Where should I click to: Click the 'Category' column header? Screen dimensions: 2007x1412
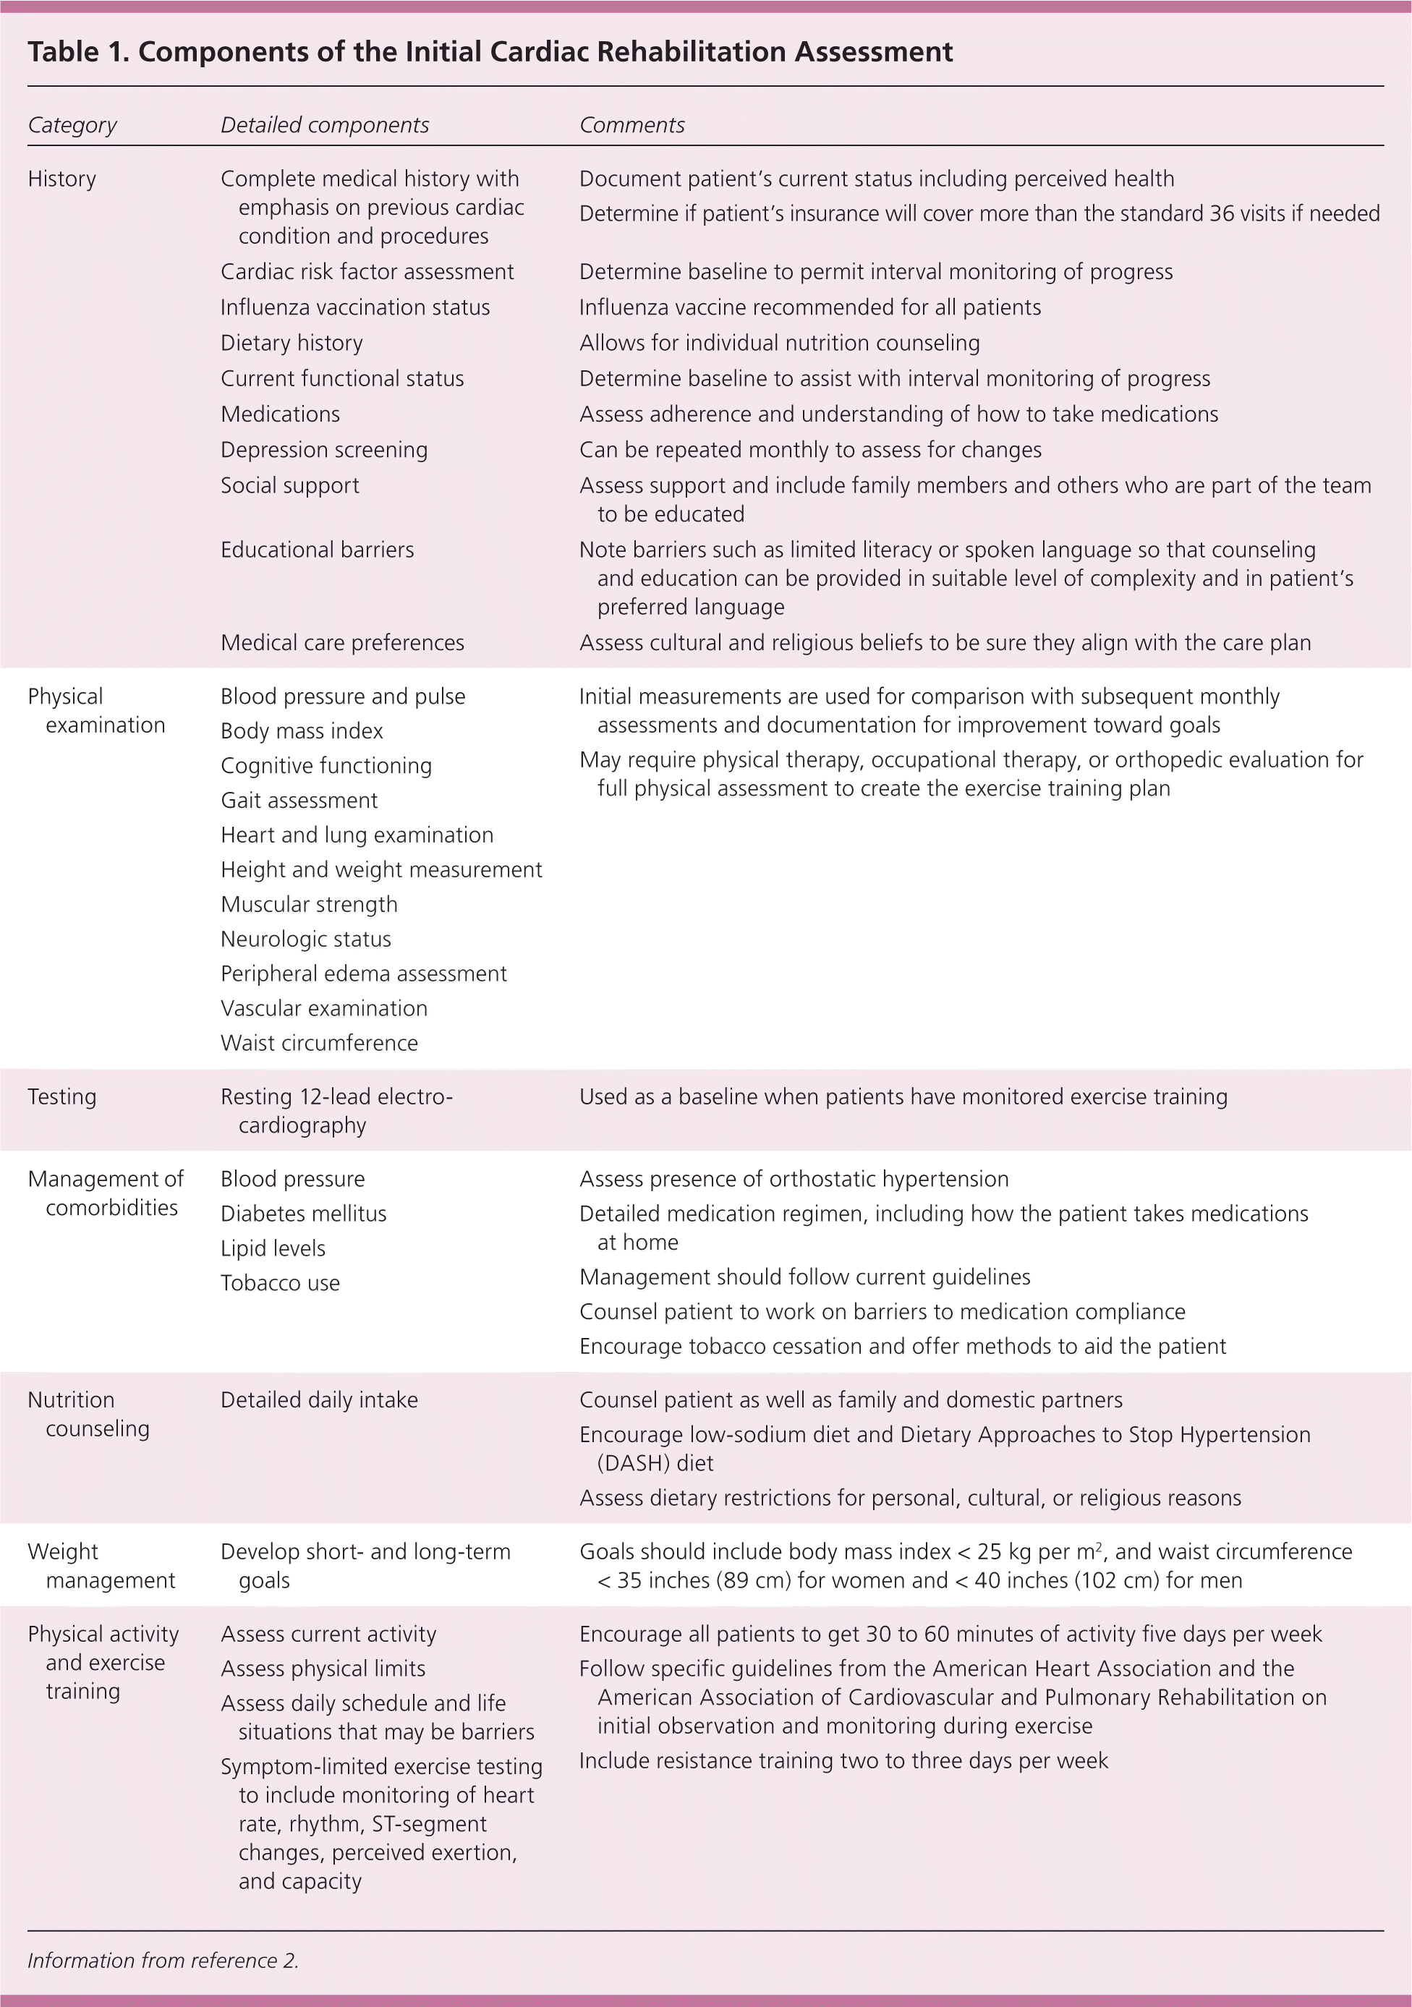coord(72,125)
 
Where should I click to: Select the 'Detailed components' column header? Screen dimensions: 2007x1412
coord(324,125)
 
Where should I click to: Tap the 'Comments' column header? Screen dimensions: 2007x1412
coord(631,125)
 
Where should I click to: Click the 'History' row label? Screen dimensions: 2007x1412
coord(61,179)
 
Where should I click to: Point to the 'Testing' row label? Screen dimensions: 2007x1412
coord(61,1097)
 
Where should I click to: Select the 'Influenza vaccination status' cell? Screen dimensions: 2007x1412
coord(354,307)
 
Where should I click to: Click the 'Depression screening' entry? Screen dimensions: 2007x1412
coord(323,450)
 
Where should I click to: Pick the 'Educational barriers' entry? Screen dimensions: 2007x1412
coord(317,550)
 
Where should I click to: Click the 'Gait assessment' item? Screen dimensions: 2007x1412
coord(299,801)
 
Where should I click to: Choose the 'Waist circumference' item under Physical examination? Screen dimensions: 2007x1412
coord(319,1043)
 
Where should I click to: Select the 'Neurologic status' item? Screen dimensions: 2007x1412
coord(305,939)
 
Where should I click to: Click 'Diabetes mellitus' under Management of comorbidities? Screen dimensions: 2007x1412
coord(302,1214)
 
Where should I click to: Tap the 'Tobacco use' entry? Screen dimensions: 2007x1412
coord(280,1283)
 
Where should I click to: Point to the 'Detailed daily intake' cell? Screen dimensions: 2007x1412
coord(318,1399)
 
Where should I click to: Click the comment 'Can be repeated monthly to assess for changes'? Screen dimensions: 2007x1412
coord(809,450)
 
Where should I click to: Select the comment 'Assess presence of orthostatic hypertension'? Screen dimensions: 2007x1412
coord(793,1179)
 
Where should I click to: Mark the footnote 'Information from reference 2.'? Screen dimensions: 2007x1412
coord(163,1960)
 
